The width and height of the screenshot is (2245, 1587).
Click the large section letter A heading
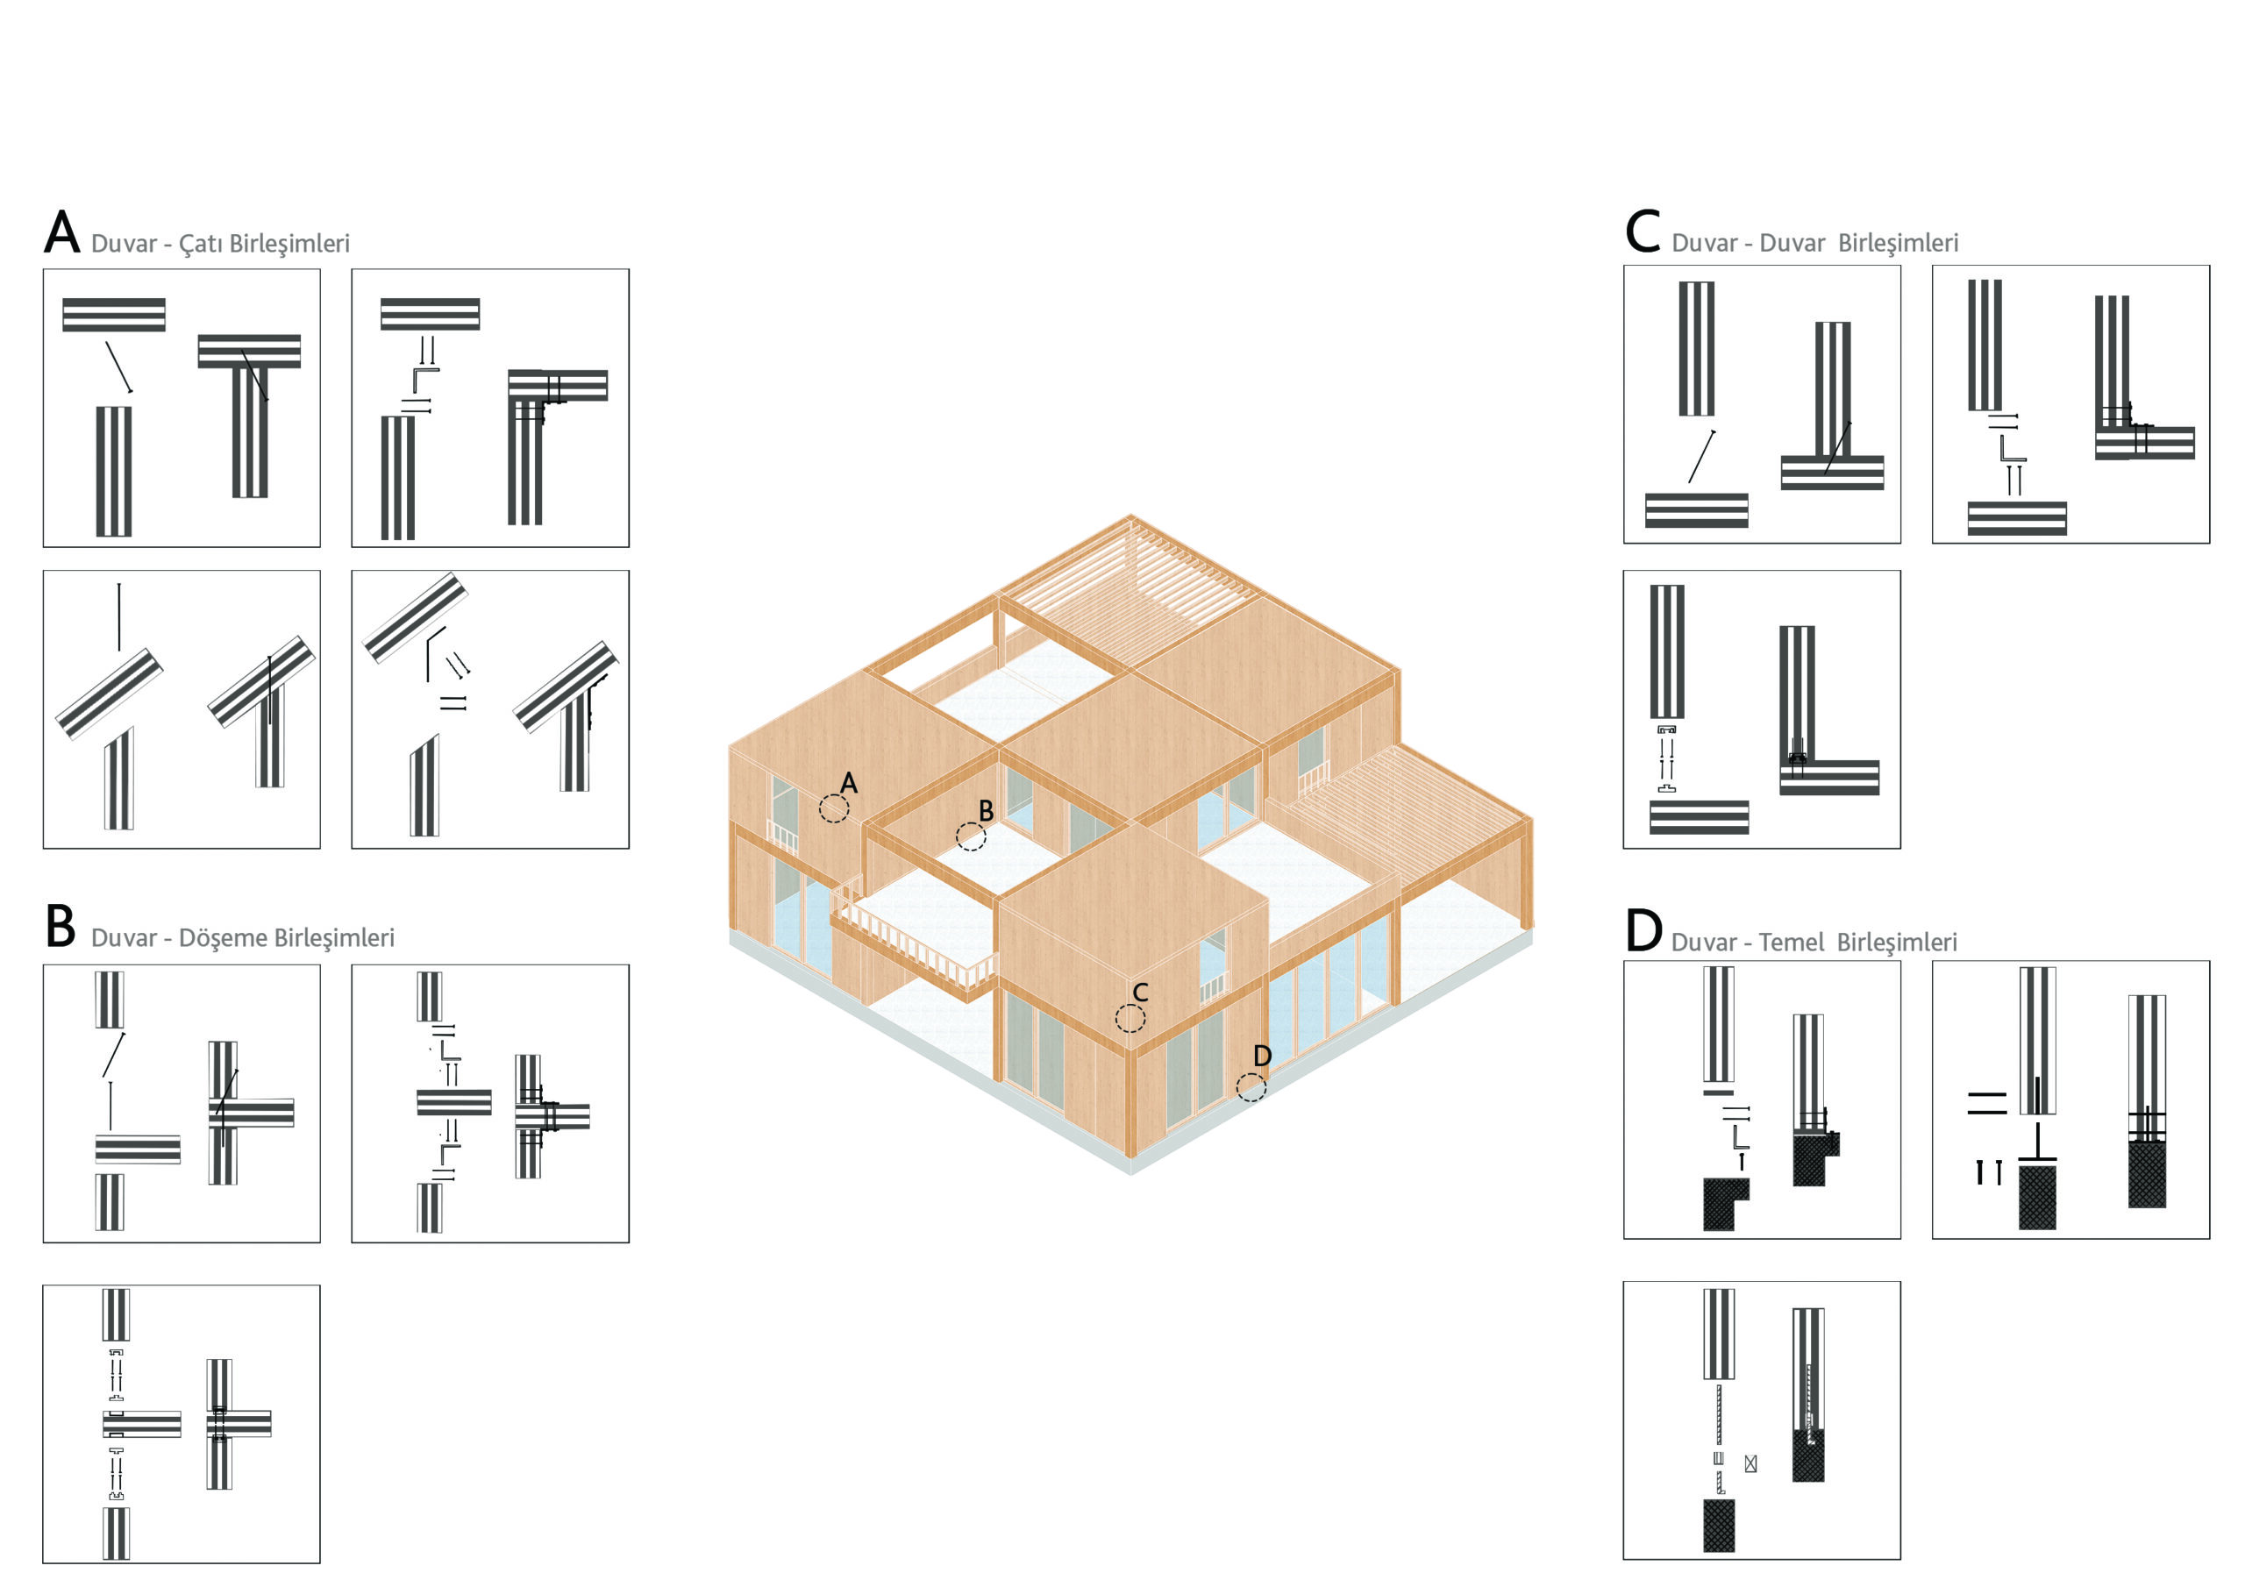point(61,231)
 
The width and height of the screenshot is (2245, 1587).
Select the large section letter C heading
point(1643,231)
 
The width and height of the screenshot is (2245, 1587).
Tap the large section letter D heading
point(1643,930)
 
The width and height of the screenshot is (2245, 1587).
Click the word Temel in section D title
point(1792,943)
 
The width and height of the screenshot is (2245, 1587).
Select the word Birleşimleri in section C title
point(1898,244)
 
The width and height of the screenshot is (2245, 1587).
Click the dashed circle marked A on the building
point(834,808)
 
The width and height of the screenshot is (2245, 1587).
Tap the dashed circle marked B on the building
point(971,837)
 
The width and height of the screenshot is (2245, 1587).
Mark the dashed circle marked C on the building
point(1130,1018)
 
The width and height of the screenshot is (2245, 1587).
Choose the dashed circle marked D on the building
point(1251,1087)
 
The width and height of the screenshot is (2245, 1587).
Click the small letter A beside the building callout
point(849,783)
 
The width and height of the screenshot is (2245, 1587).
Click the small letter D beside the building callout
point(1262,1056)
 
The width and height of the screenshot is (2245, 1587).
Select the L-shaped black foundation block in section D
point(1726,1204)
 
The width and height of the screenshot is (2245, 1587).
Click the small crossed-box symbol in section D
point(1750,1463)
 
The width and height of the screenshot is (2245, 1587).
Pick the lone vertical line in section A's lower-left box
point(119,618)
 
